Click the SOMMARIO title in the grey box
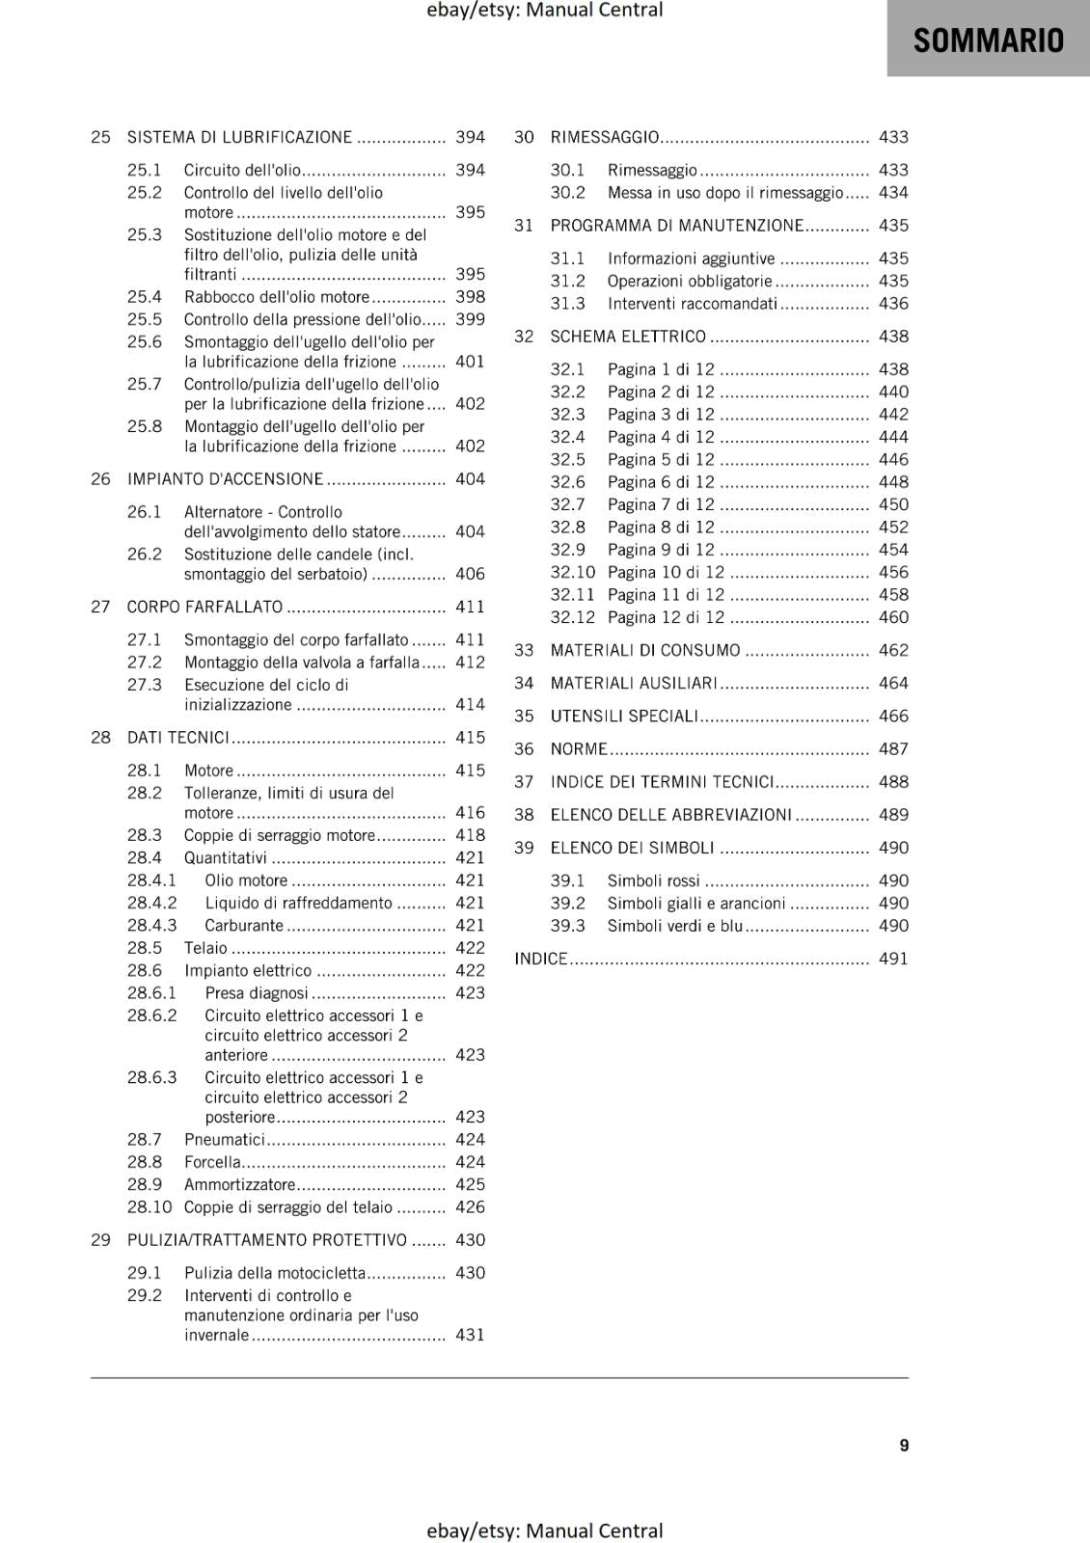pos(988,41)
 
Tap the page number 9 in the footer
pos(904,1445)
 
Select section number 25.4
pos(145,297)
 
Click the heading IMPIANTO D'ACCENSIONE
pos(225,479)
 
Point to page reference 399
pos(470,319)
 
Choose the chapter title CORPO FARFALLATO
pos(204,607)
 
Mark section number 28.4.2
pos(152,903)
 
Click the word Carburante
pos(244,925)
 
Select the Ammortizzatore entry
pos(239,1184)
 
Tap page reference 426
pos(470,1206)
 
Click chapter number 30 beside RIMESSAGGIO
pos(524,137)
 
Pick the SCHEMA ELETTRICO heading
pos(628,337)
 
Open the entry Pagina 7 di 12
pos(661,504)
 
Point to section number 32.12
pos(573,617)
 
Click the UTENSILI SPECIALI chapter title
pos(624,716)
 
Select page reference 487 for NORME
pos(893,748)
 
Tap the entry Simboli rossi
pos(653,880)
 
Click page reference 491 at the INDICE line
pos(893,959)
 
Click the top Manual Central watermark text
pos(544,10)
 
